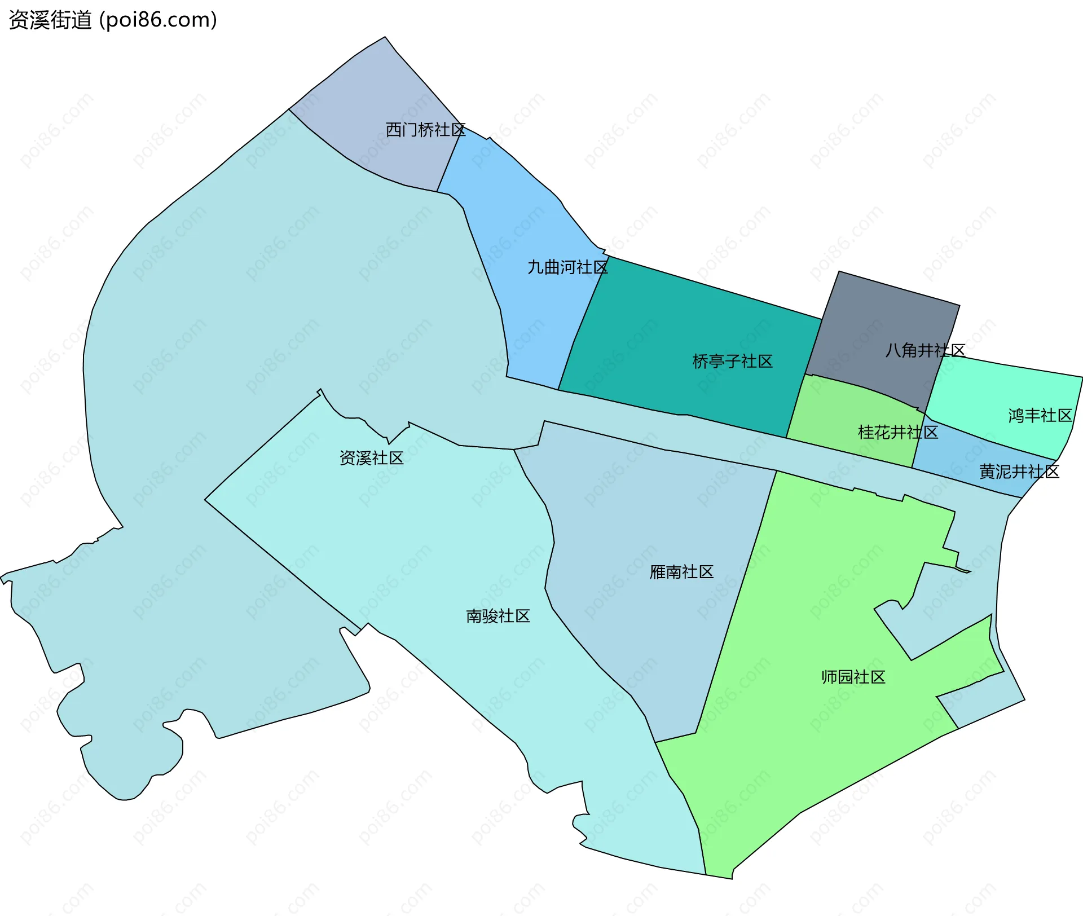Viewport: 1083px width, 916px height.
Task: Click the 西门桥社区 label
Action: point(425,130)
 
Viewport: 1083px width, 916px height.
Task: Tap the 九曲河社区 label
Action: point(567,267)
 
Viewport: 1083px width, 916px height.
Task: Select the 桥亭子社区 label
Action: point(732,362)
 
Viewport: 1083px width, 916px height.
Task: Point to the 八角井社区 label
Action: point(925,350)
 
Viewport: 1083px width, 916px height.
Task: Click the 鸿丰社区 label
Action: point(1040,416)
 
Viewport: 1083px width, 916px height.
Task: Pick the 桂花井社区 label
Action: point(897,433)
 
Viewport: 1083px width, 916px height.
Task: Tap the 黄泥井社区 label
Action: point(1019,472)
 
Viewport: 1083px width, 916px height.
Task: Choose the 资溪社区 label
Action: point(371,458)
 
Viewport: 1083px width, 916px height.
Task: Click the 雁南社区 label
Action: point(681,572)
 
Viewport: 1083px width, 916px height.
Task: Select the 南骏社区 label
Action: point(498,616)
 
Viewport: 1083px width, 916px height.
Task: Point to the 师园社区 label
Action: point(853,677)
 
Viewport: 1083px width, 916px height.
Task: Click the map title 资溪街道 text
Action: point(50,20)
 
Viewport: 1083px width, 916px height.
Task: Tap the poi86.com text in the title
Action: point(158,20)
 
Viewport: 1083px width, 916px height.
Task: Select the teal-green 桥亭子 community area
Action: point(677,327)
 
